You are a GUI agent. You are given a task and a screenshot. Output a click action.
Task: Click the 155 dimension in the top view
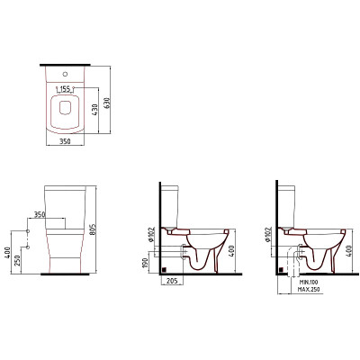tap(65, 89)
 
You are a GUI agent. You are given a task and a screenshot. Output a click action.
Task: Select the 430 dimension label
tap(94, 111)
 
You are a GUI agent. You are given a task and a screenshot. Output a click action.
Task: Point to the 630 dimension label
tap(107, 103)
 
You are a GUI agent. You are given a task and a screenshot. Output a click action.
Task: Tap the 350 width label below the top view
tap(65, 141)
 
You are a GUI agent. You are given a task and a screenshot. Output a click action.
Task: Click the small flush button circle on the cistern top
tap(65, 73)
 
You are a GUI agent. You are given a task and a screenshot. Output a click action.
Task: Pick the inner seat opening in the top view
tap(65, 108)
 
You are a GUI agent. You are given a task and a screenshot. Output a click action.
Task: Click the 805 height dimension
tap(93, 229)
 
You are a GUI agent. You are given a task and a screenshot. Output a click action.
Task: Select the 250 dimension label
tap(18, 261)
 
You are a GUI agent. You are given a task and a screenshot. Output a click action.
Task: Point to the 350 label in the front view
tap(40, 214)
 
